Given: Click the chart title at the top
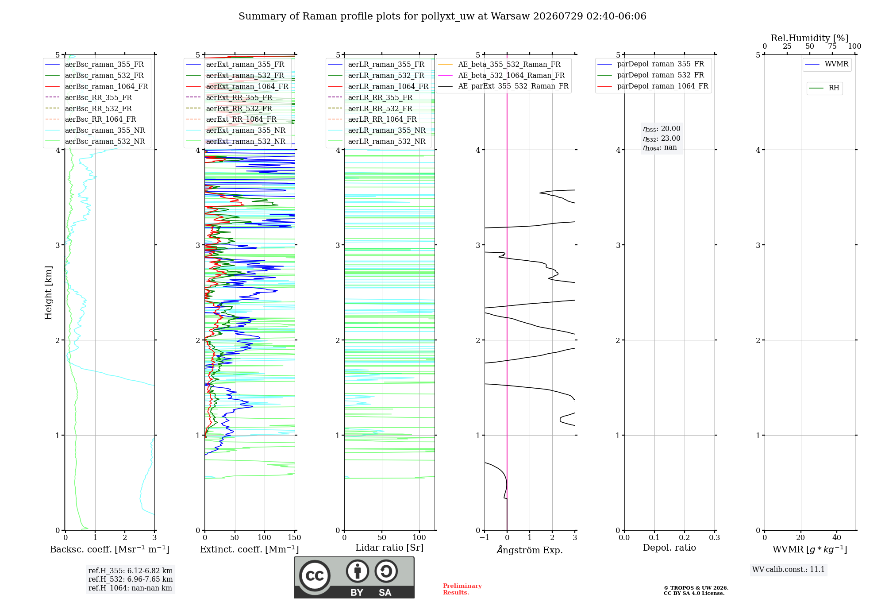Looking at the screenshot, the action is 442,16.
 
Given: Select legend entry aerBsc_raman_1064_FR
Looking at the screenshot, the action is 96,86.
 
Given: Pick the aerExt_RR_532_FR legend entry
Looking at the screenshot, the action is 229,108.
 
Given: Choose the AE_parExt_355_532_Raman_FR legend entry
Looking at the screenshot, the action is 503,86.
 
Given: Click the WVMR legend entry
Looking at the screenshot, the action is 827,64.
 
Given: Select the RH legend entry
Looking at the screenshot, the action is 824,88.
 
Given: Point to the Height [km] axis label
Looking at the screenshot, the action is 48,293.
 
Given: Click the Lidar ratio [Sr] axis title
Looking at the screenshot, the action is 389,548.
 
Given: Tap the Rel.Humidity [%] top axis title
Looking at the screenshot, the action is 810,38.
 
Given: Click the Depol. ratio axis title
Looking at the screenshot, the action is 670,548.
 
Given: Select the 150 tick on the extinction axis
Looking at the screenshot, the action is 294,538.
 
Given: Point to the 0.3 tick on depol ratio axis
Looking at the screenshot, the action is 715,538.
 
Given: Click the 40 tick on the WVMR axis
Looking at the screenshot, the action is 837,538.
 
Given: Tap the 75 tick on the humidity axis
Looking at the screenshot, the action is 832,46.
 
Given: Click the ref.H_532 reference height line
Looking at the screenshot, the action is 131,579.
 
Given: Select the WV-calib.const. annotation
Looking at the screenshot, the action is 789,570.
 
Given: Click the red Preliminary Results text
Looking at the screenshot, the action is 462,589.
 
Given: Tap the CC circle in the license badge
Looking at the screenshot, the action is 315,576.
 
